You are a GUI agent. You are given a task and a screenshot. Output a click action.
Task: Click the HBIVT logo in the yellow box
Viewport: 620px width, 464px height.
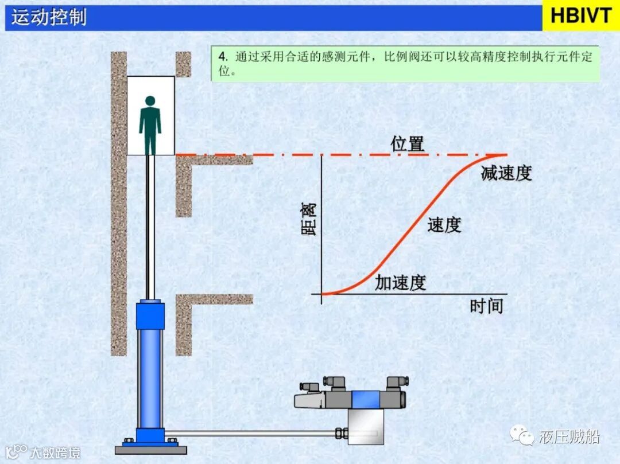(x=580, y=16)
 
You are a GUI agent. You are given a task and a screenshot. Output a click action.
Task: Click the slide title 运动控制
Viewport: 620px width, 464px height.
(x=49, y=17)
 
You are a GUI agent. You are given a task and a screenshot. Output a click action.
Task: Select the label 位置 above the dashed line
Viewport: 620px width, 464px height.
(x=408, y=144)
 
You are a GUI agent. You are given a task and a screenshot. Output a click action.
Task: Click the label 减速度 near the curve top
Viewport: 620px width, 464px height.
(x=506, y=173)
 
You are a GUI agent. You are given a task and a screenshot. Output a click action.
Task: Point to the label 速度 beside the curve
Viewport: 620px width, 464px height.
(x=444, y=225)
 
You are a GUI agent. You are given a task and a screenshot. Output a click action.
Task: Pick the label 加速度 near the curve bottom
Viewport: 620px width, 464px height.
(x=401, y=282)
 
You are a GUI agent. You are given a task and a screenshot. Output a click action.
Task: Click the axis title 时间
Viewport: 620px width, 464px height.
(x=486, y=306)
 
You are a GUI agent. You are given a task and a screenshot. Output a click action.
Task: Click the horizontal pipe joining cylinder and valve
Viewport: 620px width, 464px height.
(x=253, y=433)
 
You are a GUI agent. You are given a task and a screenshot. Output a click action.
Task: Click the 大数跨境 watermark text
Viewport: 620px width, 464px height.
(x=55, y=452)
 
